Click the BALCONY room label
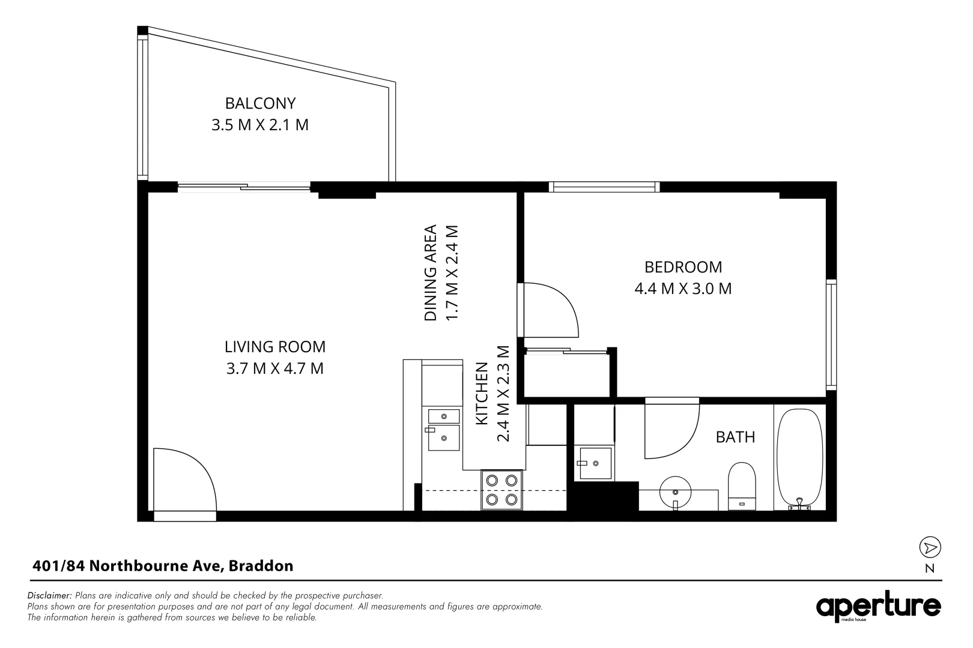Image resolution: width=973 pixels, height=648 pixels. pyautogui.click(x=260, y=103)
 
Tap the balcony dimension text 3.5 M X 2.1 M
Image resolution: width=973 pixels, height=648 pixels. pyautogui.click(x=259, y=125)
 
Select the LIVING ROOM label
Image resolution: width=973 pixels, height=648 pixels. pyautogui.click(x=275, y=347)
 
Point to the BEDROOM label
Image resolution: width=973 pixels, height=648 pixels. pyautogui.click(x=683, y=267)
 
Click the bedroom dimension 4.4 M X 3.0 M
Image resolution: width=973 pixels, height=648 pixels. pyautogui.click(x=683, y=289)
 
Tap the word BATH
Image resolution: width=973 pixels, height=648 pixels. pyautogui.click(x=735, y=437)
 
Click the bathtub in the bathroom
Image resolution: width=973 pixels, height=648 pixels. pyautogui.click(x=799, y=459)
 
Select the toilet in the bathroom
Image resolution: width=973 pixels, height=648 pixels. pyautogui.click(x=742, y=486)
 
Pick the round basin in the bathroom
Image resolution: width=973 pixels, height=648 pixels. pyautogui.click(x=675, y=492)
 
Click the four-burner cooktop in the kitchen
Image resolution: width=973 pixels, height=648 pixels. pyautogui.click(x=502, y=490)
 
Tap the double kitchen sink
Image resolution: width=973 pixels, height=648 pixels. pyautogui.click(x=443, y=430)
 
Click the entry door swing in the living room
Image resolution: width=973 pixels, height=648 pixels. pyautogui.click(x=184, y=479)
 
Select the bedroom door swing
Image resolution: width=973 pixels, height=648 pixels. pyautogui.click(x=551, y=310)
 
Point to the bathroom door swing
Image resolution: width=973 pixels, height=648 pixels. pyautogui.click(x=672, y=431)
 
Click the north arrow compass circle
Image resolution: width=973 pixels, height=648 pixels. pyautogui.click(x=930, y=547)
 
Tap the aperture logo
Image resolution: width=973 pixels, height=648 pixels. pyautogui.click(x=878, y=607)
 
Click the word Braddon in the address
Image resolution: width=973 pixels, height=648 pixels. pyautogui.click(x=261, y=566)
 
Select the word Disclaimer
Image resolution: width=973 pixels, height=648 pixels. pyautogui.click(x=49, y=595)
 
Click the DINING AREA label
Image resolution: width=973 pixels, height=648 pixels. pyautogui.click(x=430, y=272)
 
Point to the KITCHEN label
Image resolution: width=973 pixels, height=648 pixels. pyautogui.click(x=482, y=394)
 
